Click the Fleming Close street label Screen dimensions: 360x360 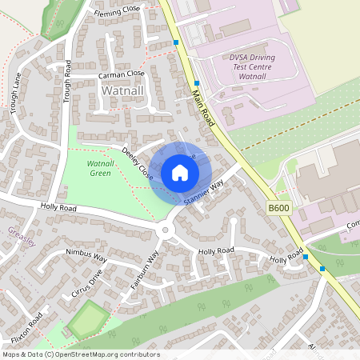117,8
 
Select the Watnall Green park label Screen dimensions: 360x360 99,168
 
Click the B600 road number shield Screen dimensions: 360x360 278,208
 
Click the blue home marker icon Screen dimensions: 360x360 180,173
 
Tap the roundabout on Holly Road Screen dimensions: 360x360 167,230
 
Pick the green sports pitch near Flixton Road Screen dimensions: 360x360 86,320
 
